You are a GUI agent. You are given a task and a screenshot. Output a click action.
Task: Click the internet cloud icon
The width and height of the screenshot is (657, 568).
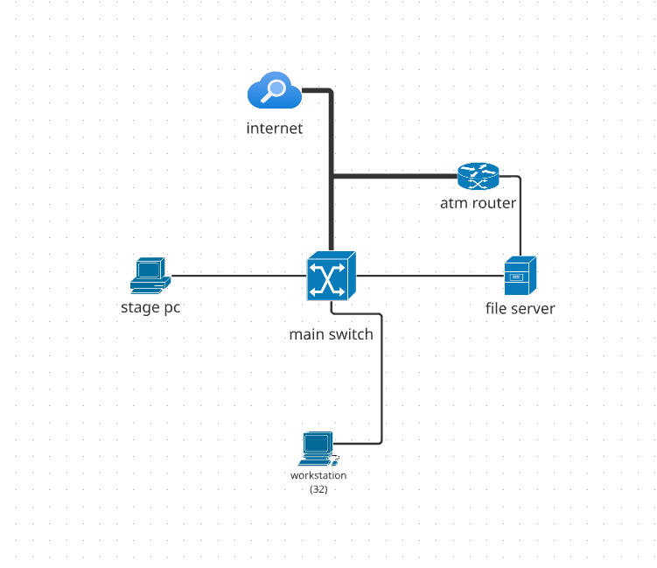(274, 91)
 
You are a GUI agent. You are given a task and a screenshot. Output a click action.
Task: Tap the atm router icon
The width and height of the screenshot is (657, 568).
(478, 177)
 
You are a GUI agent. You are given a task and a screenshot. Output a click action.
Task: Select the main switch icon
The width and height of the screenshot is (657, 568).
(331, 277)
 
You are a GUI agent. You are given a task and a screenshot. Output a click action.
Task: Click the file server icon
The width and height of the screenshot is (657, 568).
(520, 277)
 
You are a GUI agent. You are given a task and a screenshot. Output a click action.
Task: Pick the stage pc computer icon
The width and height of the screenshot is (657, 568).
(150, 276)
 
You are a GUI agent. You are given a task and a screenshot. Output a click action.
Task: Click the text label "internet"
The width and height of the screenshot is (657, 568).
(274, 129)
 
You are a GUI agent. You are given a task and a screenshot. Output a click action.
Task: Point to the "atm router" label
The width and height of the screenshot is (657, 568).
(478, 204)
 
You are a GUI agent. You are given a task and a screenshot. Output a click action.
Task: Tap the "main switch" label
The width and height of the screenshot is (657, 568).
(331, 334)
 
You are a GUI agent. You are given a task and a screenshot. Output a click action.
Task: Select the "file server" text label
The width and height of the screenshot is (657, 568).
(520, 308)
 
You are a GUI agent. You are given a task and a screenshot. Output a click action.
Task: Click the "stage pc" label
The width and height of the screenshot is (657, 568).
(150, 307)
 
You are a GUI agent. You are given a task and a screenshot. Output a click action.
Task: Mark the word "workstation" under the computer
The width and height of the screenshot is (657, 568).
(318, 475)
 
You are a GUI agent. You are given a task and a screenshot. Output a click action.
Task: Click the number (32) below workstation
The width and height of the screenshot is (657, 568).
(318, 489)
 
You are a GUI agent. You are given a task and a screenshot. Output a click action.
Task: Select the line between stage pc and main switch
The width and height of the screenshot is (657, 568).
(236, 276)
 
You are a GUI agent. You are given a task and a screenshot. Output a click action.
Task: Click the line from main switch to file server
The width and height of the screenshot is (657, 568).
(429, 276)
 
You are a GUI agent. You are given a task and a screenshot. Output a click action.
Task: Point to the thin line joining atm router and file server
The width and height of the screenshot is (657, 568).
(521, 219)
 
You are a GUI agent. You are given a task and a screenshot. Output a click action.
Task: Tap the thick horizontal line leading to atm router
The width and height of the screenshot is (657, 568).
(394, 177)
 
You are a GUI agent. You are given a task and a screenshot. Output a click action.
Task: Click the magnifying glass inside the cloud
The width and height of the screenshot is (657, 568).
(276, 88)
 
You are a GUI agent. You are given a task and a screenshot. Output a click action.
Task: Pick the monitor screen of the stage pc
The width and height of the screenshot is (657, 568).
(150, 269)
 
